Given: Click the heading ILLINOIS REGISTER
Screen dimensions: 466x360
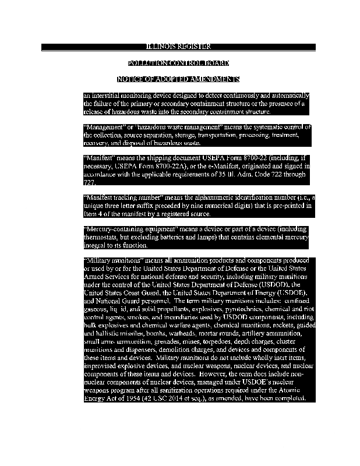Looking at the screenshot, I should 178,47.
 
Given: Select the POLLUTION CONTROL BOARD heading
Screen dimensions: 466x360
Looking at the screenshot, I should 178,63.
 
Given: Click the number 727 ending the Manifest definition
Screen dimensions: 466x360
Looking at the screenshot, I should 89,182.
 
